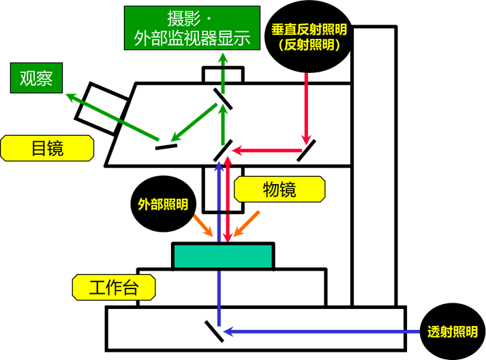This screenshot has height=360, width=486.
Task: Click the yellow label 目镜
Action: point(47,148)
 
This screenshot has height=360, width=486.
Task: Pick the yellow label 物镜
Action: point(279,189)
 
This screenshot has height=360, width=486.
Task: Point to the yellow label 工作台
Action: point(113,288)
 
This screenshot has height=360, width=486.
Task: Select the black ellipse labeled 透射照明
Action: point(452,332)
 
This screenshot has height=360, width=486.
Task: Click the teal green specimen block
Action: point(224,255)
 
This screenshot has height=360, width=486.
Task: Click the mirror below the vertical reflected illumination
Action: point(305,151)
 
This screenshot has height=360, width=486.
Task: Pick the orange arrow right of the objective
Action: point(247,224)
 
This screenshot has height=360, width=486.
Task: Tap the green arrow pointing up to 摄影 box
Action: point(221,75)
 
